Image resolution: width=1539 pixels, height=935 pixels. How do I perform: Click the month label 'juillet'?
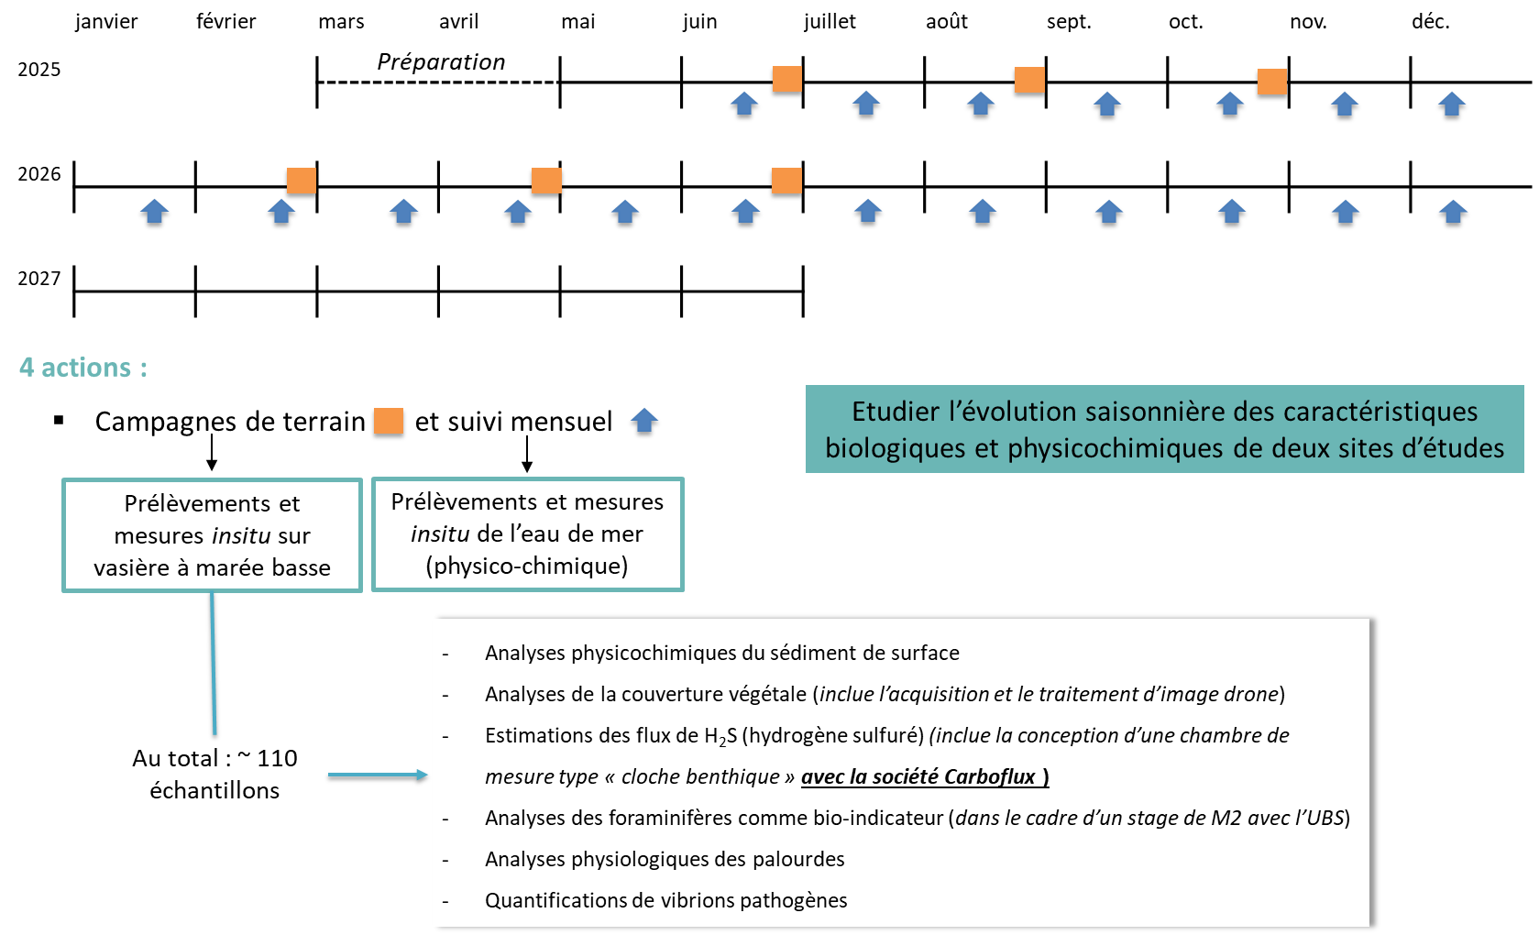coord(830,22)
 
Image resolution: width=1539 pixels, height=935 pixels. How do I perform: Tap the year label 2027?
coord(39,279)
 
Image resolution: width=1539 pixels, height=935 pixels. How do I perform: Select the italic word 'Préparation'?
coord(441,62)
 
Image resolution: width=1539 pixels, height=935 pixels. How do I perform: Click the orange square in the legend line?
coord(388,421)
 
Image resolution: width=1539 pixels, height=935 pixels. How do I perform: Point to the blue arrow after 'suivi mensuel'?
coord(643,421)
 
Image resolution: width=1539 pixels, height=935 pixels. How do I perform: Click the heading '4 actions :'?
coord(83,368)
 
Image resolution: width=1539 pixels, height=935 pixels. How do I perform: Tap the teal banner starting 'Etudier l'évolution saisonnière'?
coord(1164,429)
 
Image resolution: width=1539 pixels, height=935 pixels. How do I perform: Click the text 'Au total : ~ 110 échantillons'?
coord(214,775)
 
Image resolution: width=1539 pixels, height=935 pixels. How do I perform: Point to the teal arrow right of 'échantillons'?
coord(378,775)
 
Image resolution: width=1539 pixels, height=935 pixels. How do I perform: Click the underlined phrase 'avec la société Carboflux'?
coord(925,777)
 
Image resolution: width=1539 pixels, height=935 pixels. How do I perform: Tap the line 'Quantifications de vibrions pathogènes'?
coord(665,900)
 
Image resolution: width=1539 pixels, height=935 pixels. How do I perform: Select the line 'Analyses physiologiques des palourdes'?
coord(665,859)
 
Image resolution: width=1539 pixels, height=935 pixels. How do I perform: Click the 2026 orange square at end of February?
coord(302,181)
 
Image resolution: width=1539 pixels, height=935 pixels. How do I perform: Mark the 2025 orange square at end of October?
coord(1272,82)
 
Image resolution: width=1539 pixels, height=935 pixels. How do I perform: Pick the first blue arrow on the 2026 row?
coord(155,212)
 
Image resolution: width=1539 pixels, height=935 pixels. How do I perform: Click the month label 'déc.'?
coord(1431,22)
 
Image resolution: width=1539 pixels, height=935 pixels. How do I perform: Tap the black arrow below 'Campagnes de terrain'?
coord(212,452)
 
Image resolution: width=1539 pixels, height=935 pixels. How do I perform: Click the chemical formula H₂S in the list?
coord(720,736)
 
